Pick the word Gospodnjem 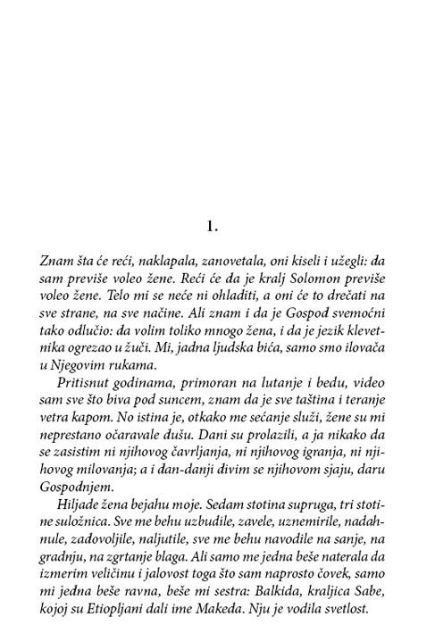tap(76, 489)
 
